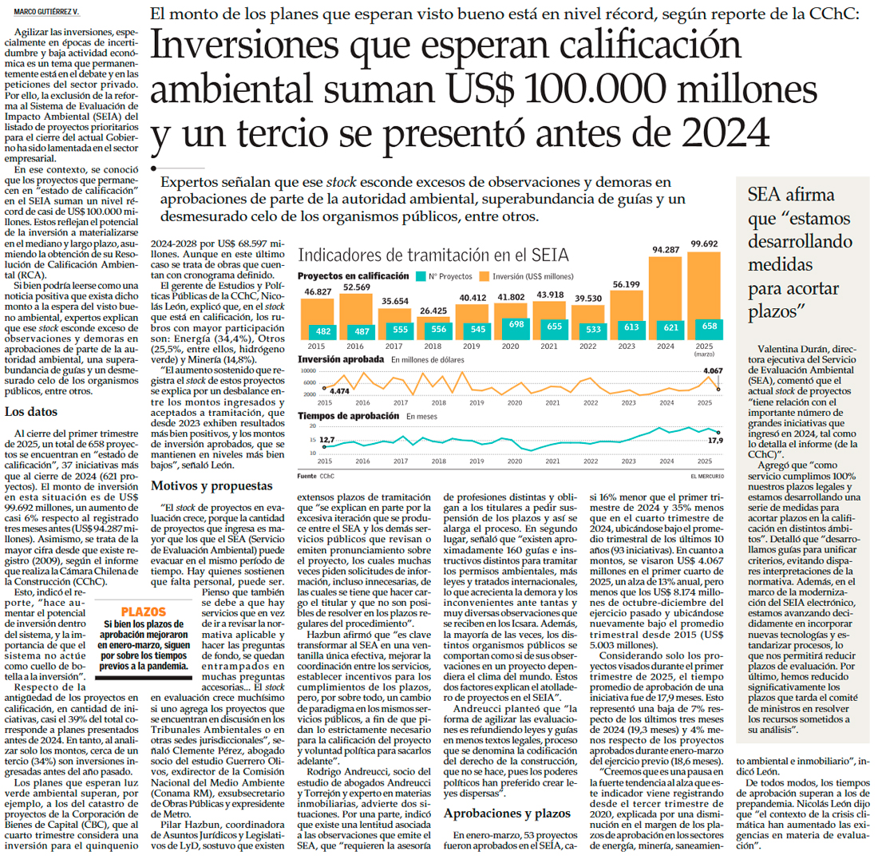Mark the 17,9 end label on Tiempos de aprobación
click(715, 441)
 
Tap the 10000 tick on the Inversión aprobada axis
click(307, 372)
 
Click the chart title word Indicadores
click(336, 255)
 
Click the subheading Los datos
click(30, 413)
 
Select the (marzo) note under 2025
click(704, 354)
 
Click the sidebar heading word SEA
click(765, 195)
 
